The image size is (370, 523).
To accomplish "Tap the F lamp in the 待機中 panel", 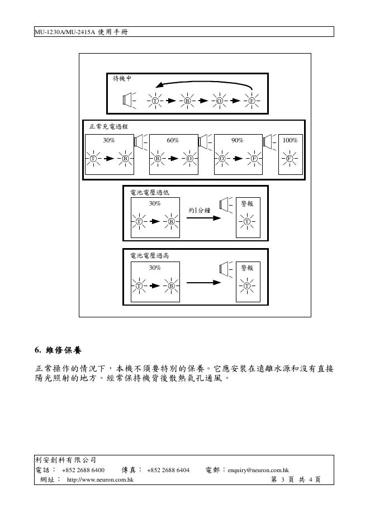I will pyautogui.click(x=252, y=101).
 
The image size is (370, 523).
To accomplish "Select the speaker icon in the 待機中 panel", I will pyautogui.click(x=129, y=101).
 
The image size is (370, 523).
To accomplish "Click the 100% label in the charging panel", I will pyautogui.click(x=290, y=140).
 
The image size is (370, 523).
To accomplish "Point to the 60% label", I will pyautogui.click(x=173, y=140).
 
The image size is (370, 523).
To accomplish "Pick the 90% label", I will pyautogui.click(x=237, y=140).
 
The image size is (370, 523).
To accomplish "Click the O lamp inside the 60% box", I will pyautogui.click(x=190, y=159).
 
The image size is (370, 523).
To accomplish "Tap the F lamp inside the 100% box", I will pyautogui.click(x=290, y=159).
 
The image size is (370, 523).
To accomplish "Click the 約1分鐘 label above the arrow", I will pyautogui.click(x=199, y=210).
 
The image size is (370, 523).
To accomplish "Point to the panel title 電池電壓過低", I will pyautogui.click(x=149, y=192).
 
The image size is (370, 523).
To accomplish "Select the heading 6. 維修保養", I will pyautogui.click(x=58, y=351).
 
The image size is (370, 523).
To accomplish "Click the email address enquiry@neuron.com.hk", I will pyautogui.click(x=258, y=470).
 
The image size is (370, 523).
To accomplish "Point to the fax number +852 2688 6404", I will pyautogui.click(x=168, y=470).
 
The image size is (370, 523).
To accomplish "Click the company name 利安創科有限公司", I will pyautogui.click(x=65, y=460).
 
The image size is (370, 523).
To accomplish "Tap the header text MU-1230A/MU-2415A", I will pyautogui.click(x=65, y=32).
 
